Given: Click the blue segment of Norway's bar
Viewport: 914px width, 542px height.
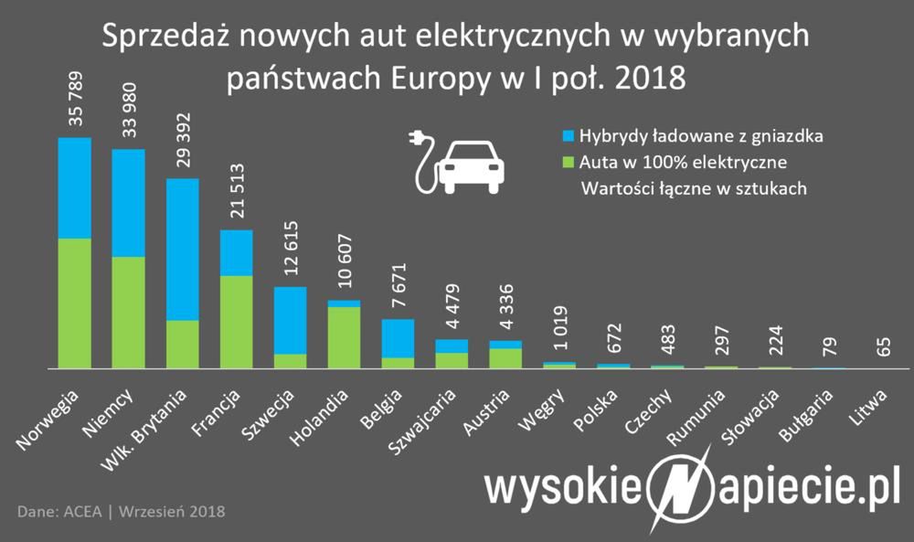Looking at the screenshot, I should coord(75,187).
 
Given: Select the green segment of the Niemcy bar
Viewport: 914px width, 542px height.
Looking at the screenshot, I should coord(129,312).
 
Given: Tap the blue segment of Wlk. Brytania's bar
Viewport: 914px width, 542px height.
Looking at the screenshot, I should coord(183,249).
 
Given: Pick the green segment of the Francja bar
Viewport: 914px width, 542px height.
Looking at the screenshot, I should coord(237,321).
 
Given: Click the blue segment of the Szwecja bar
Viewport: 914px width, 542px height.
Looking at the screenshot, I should coord(291,320).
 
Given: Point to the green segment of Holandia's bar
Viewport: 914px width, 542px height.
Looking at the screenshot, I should coord(345,337).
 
